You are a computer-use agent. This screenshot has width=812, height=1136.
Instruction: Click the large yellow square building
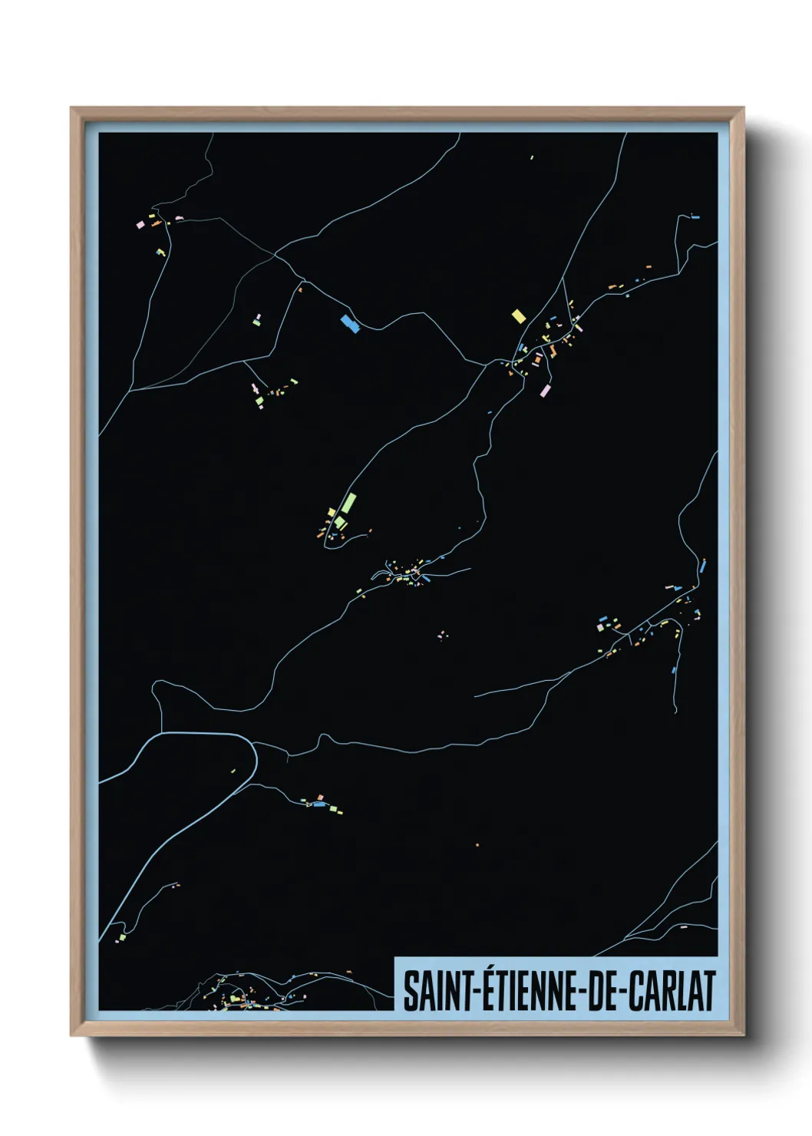pos(518,315)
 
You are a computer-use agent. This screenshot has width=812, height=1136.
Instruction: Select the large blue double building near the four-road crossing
pos(350,323)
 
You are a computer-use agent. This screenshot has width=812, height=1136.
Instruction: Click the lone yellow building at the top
pos(531,158)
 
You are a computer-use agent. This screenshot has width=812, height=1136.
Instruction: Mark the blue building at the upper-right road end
pos(695,217)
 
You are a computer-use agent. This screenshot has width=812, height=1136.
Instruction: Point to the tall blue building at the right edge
pos(702,568)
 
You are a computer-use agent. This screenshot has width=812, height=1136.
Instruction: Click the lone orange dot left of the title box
pos(477,845)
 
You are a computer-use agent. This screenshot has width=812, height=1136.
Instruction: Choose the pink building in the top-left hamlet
pos(140,225)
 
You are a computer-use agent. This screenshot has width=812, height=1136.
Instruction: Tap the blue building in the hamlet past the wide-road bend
pos(319,804)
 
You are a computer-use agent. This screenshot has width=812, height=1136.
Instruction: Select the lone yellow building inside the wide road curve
pos(233,770)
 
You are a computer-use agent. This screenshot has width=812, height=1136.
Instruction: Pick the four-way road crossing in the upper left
pos(275,253)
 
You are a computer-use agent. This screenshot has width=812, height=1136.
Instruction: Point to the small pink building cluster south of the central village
pos(441,635)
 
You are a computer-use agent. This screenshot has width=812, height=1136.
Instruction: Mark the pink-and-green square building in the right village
pos(601,627)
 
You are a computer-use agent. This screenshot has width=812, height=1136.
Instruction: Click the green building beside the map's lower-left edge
pos(121,937)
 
